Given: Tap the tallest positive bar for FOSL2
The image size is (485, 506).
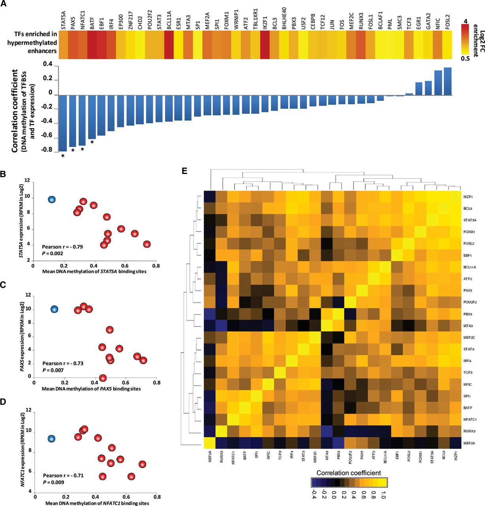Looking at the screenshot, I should pos(447,81).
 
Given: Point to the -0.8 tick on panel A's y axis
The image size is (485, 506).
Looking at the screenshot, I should pos(47,150).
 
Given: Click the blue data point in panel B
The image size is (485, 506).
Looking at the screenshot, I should pos(52,199).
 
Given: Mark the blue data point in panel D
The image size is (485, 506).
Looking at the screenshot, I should pos(51,438).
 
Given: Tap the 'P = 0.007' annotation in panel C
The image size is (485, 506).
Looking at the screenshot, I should pos(53,370).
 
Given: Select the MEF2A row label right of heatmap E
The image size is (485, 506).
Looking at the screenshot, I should pos(469,444).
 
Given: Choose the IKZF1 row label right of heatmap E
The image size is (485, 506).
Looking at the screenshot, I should pos(468,196).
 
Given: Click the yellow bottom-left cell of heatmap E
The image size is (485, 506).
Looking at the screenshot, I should pos(209,443).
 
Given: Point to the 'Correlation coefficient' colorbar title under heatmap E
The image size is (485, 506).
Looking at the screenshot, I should pos(349,473).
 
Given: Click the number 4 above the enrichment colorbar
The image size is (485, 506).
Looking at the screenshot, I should pos(465,21).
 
